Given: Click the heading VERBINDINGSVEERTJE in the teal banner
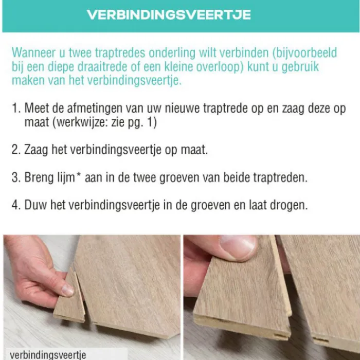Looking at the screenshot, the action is coord(169,15).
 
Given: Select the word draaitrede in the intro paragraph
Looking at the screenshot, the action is coord(102,66).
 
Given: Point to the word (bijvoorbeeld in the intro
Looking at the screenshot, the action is coord(304,53).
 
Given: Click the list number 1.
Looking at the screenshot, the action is coord(16,108).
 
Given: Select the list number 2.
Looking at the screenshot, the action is coord(16,150).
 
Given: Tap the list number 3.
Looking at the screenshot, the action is coord(16,177).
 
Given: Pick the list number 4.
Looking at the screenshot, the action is coord(16,205).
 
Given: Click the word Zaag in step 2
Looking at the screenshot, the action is coord(36,150).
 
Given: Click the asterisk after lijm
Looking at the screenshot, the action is coord(79,175).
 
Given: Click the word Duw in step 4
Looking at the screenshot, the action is coord(35,205).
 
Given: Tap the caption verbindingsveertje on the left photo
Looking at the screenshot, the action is coord(48,355).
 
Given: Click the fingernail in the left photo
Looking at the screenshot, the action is coord(67,290).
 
